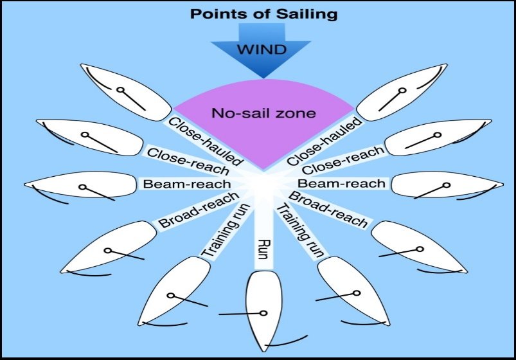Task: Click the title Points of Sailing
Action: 264,14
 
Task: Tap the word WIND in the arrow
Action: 262,50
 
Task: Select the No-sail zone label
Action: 263,113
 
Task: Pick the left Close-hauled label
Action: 206,141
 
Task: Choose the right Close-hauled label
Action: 325,141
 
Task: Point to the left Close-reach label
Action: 188,161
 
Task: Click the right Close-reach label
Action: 343,160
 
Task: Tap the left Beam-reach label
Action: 187,184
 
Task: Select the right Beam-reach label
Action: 342,183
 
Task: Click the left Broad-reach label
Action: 199,210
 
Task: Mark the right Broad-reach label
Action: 328,210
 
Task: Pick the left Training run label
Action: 226,231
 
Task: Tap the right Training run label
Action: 300,231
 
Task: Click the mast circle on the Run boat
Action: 263,313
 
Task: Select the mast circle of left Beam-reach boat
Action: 83,187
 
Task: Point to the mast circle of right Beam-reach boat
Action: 446,185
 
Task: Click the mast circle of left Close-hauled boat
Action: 121,89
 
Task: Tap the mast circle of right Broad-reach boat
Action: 420,249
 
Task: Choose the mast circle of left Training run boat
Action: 170,296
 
